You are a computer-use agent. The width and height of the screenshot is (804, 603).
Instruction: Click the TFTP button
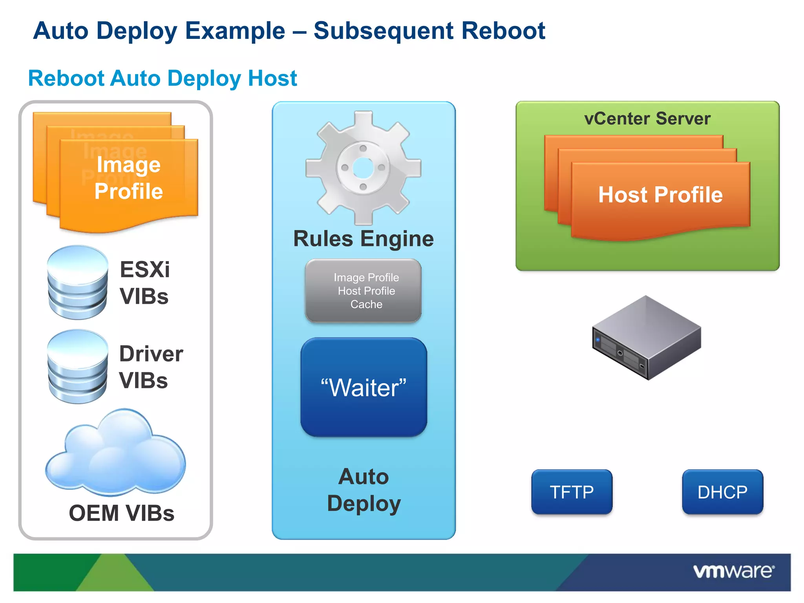point(572,492)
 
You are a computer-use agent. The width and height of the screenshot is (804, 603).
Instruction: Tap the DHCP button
point(722,492)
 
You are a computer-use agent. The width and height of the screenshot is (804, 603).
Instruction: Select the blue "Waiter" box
point(364,387)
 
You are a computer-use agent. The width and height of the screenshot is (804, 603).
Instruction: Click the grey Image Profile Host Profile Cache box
point(364,291)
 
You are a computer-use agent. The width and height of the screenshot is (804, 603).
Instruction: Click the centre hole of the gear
point(363,168)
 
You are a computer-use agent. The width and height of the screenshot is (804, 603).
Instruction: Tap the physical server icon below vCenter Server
point(647,338)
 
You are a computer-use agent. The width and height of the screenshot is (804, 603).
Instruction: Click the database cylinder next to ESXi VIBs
point(77,282)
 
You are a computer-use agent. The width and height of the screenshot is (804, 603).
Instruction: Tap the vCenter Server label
point(647,119)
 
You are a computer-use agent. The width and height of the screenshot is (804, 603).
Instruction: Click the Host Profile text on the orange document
point(660,195)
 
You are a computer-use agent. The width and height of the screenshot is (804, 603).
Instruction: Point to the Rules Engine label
point(364,239)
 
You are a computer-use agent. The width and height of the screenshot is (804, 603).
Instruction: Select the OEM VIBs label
point(121,513)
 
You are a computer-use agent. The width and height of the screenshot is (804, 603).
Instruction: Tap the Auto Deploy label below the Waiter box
point(364,490)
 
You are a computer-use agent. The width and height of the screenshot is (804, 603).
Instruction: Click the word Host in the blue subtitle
point(272,78)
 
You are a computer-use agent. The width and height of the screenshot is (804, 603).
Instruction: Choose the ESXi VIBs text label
point(144,283)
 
